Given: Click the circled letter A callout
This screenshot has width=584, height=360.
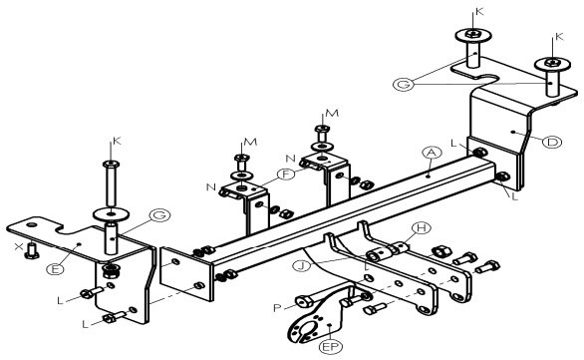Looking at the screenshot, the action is pyautogui.click(x=432, y=153).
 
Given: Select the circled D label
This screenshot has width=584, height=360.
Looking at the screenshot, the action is pyautogui.click(x=552, y=142).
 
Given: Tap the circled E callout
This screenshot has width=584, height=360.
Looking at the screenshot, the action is pyautogui.click(x=56, y=269).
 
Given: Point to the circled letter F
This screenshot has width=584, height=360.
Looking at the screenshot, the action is pyautogui.click(x=286, y=174).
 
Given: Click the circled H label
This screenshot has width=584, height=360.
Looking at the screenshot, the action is pyautogui.click(x=422, y=227).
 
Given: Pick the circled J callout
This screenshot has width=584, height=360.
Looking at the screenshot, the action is pyautogui.click(x=302, y=266).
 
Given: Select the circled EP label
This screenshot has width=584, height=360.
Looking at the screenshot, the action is pyautogui.click(x=331, y=347).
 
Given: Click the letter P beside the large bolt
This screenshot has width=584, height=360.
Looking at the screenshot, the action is pyautogui.click(x=277, y=308).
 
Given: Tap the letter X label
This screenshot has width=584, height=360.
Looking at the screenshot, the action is pyautogui.click(x=18, y=246).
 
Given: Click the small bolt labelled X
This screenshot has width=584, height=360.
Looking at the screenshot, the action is pyautogui.click(x=31, y=251).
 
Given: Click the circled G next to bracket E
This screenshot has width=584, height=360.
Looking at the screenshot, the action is pyautogui.click(x=159, y=215).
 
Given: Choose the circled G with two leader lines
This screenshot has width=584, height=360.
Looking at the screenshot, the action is pyautogui.click(x=404, y=84).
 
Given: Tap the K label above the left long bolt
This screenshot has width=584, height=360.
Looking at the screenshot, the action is pyautogui.click(x=117, y=141).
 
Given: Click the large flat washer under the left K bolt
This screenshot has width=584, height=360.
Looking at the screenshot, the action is pyautogui.click(x=111, y=214).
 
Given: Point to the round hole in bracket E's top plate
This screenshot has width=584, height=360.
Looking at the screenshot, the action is pyautogui.click(x=32, y=225).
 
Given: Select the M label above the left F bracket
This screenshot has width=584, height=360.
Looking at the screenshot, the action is pyautogui.click(x=250, y=142).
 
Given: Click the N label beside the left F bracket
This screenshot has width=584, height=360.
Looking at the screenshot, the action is pyautogui.click(x=211, y=186).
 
